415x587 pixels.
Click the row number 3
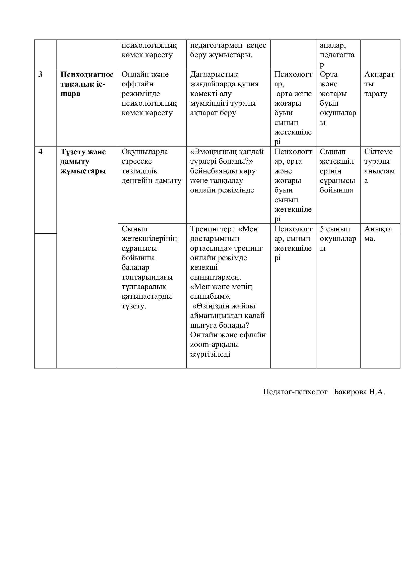[40, 74]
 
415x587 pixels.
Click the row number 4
[40, 152]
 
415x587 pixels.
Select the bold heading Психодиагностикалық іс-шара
[87, 84]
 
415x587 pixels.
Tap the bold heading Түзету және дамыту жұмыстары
[83, 161]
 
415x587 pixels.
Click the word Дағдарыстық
[214, 74]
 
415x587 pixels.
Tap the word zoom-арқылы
[214, 345]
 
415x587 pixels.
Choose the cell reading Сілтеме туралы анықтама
[379, 166]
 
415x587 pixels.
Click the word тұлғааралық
[144, 287]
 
